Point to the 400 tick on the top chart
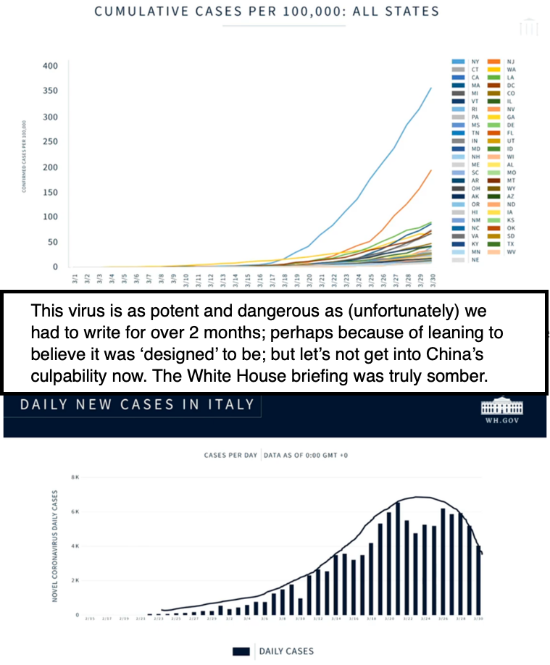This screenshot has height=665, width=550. (x=50, y=66)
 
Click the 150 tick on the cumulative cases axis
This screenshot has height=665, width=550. (x=50, y=192)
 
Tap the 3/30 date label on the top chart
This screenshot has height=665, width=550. (x=433, y=279)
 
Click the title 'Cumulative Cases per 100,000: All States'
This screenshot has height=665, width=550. (x=267, y=12)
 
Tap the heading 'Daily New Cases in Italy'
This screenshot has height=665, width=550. (x=137, y=403)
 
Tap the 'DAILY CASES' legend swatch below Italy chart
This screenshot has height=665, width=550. (x=241, y=651)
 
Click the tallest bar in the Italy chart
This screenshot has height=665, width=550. (x=398, y=558)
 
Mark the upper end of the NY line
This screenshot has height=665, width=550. (x=431, y=88)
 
